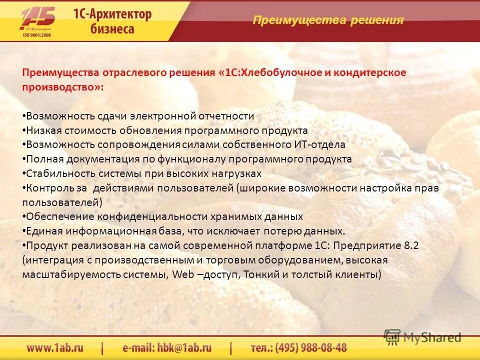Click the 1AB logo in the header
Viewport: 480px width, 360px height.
pyautogui.click(x=37, y=18)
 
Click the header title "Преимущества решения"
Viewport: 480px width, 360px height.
pyautogui.click(x=328, y=20)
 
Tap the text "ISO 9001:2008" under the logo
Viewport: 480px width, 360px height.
pyautogui.click(x=36, y=35)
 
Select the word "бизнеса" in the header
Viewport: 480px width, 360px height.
pyautogui.click(x=112, y=29)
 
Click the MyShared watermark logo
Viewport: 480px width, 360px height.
pyautogui.click(x=422, y=337)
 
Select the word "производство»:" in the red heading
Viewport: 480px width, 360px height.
pyautogui.click(x=63, y=87)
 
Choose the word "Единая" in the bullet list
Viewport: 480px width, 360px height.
pyautogui.click(x=43, y=231)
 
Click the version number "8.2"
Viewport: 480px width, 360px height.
pyautogui.click(x=410, y=246)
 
